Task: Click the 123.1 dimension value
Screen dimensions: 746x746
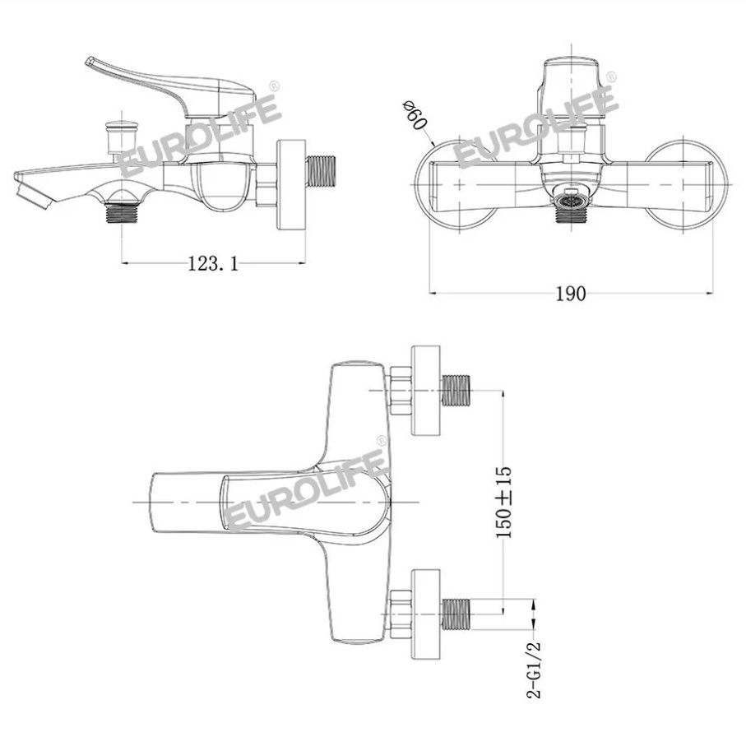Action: click(x=213, y=263)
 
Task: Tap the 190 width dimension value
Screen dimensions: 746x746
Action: click(x=571, y=294)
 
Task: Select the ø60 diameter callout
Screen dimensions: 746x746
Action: click(x=414, y=114)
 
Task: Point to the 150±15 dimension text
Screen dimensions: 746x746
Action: click(x=504, y=502)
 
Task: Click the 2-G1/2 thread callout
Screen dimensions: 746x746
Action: click(x=534, y=669)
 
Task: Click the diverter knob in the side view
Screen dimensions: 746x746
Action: click(x=123, y=137)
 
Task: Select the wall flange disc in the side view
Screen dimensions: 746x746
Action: click(x=290, y=184)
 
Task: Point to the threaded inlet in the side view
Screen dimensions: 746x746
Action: click(x=321, y=171)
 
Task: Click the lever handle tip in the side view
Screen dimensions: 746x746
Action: click(x=90, y=62)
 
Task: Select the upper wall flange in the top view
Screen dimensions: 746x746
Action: click(x=426, y=391)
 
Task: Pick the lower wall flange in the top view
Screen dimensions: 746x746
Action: click(x=426, y=614)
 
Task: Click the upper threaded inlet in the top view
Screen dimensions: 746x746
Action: click(x=456, y=390)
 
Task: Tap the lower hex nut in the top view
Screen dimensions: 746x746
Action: click(x=400, y=614)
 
